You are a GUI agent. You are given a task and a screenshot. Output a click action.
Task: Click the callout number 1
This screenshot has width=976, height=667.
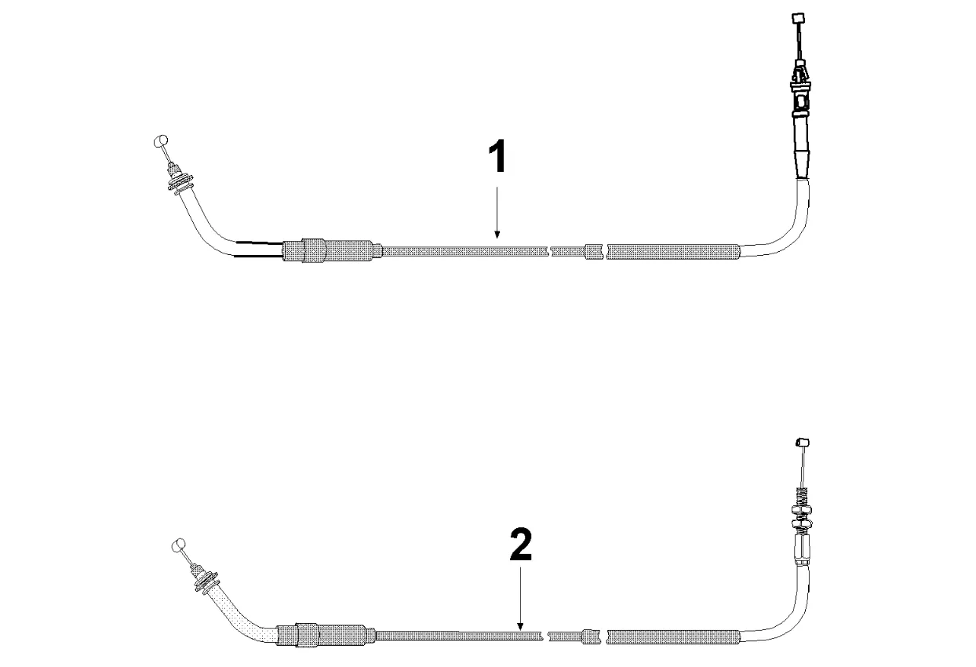pos(497,156)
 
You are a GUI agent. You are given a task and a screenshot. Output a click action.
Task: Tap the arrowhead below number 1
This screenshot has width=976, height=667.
pos(497,235)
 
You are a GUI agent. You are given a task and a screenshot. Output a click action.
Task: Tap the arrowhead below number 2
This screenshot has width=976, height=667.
pos(520,626)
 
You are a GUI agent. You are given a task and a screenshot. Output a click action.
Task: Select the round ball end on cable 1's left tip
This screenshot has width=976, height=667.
pos(161,140)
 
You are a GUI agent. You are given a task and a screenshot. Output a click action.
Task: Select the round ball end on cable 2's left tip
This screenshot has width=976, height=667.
pos(179,545)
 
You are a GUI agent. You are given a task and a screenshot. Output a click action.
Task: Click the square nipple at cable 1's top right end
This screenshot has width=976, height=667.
pos(797,19)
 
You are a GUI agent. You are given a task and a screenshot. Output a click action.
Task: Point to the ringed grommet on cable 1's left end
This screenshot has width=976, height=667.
pos(180,183)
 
